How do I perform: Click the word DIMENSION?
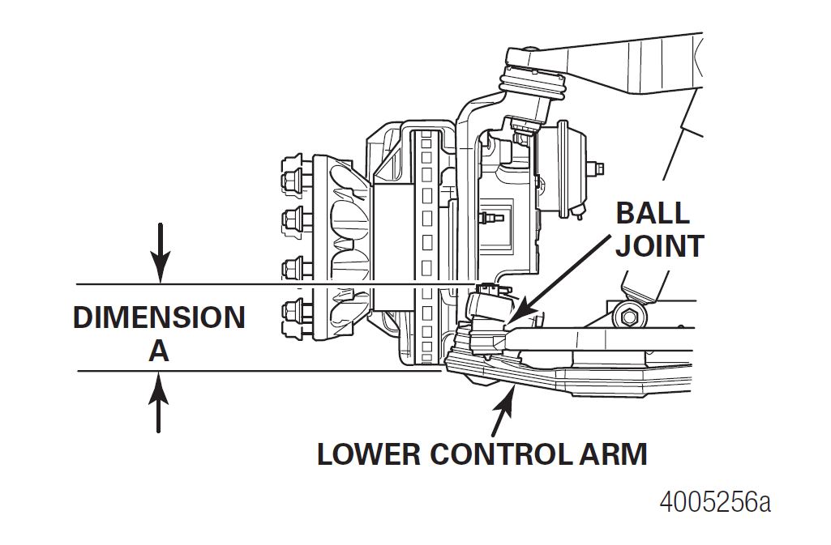[159, 317]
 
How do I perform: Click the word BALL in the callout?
[653, 213]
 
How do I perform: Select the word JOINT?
[659, 246]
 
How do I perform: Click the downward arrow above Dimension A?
[161, 253]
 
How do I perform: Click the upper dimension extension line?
[276, 284]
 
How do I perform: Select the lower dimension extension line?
[259, 371]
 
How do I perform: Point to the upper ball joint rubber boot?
[532, 86]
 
